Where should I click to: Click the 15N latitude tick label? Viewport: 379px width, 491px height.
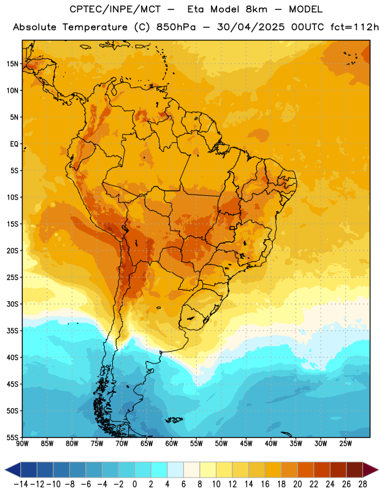[12, 64]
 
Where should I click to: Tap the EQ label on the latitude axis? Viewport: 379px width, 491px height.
[14, 144]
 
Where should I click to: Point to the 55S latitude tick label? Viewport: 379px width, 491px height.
[12, 437]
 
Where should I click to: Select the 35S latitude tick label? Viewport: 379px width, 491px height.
[12, 331]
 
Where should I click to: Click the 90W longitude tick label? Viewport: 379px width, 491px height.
[22, 444]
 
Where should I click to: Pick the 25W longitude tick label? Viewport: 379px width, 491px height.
[345, 444]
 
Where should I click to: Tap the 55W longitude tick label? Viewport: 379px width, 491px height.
[196, 444]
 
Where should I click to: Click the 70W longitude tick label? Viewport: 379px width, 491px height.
[122, 444]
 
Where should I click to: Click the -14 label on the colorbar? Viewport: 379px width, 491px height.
[21, 484]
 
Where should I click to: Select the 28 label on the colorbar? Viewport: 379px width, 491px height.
[362, 484]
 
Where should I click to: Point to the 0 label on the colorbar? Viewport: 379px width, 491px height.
[134, 484]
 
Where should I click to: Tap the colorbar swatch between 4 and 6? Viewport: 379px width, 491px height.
[175, 470]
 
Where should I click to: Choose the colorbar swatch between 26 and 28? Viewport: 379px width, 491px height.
[354, 470]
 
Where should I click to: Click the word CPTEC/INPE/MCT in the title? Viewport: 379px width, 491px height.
[115, 9]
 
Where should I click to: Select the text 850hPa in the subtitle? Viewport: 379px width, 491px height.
[176, 27]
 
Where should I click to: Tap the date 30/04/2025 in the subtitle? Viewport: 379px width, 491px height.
[251, 27]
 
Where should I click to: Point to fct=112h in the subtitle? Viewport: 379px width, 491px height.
[354, 27]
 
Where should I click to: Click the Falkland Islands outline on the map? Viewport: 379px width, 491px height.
[174, 420]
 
